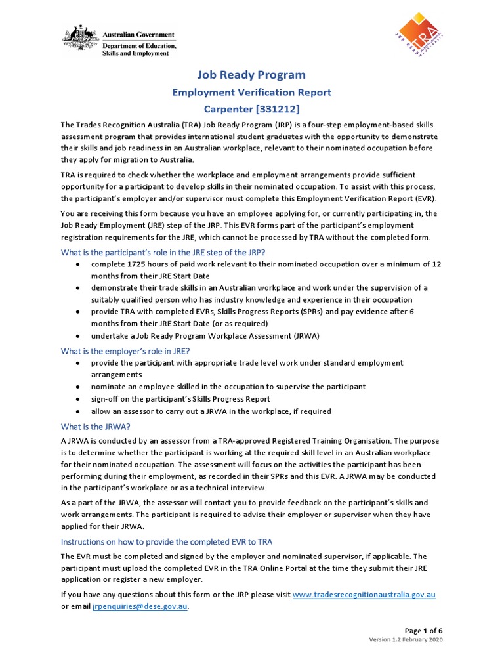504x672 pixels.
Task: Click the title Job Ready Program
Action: (251, 75)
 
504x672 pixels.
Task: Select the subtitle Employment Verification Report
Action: (251, 93)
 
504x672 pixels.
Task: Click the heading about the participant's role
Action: (163, 253)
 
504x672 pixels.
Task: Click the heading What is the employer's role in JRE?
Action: (125, 351)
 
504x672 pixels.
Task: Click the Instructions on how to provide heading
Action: (167, 541)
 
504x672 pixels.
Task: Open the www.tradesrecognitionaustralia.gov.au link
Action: (364, 595)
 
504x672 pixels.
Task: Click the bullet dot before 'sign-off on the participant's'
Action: (78, 400)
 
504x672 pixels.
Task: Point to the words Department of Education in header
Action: (138, 47)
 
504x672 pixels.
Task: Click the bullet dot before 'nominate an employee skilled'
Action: (78, 387)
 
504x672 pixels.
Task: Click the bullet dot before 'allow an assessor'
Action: (78, 412)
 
